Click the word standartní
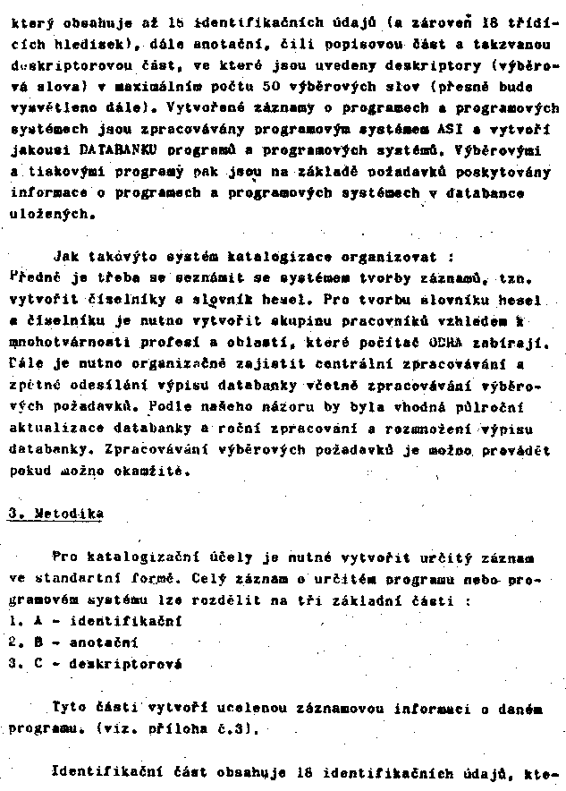point(88,577)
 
